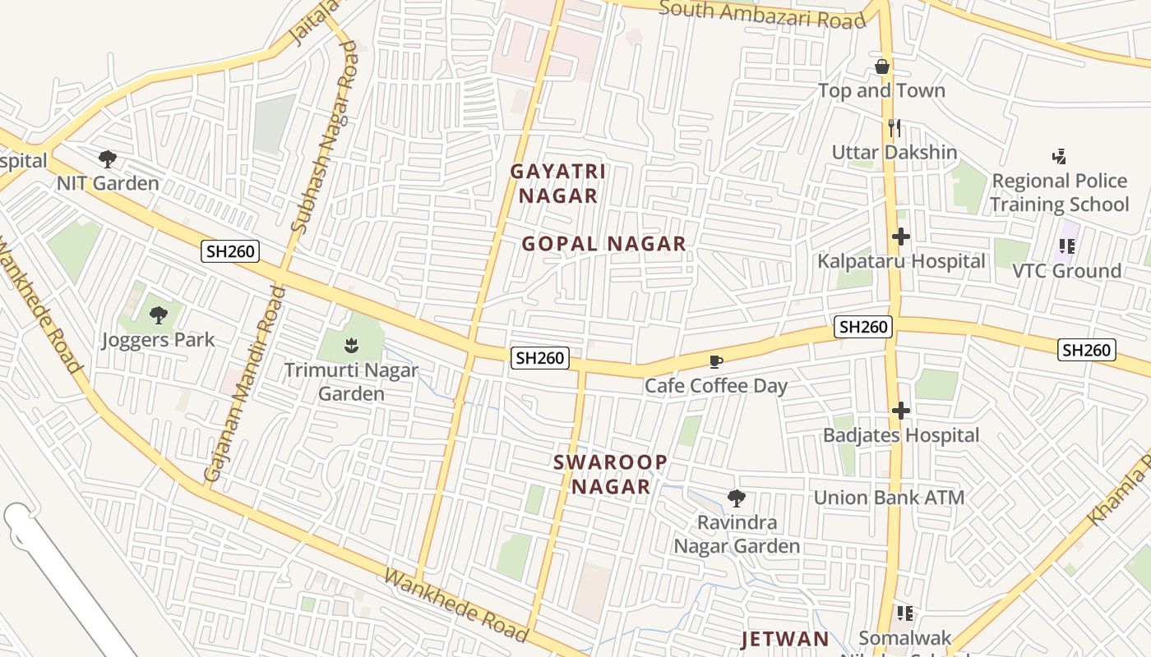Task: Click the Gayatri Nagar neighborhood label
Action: pyautogui.click(x=558, y=184)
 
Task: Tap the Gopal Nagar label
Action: pyautogui.click(x=604, y=244)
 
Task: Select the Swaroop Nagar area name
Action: pyautogui.click(x=611, y=475)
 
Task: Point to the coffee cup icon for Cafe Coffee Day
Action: pyautogui.click(x=716, y=361)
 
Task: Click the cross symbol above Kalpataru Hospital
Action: pyautogui.click(x=900, y=237)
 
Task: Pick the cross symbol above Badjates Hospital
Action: pyautogui.click(x=900, y=411)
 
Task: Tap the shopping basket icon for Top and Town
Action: pyautogui.click(x=882, y=67)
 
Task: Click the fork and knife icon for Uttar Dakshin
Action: pyautogui.click(x=894, y=128)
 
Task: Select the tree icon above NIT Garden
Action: pyautogui.click(x=107, y=159)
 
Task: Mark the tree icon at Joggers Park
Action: pyautogui.click(x=158, y=315)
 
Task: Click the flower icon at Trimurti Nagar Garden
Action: pyautogui.click(x=352, y=345)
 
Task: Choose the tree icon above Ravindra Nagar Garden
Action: pyautogui.click(x=737, y=498)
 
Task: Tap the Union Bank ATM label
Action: pyautogui.click(x=889, y=498)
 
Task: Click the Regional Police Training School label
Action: pyautogui.click(x=1059, y=192)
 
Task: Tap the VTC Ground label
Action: pyautogui.click(x=1066, y=271)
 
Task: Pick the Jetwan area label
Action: pyautogui.click(x=785, y=639)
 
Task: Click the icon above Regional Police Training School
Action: pyautogui.click(x=1059, y=156)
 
